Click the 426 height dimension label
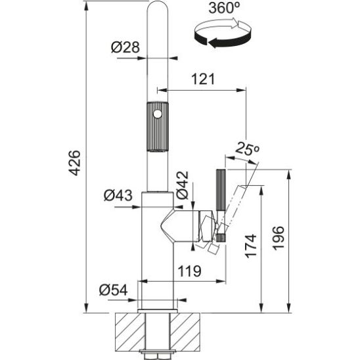coord(75,163)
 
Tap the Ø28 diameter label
coord(125,47)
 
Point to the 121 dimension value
coord(203,79)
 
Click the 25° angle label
coord(247,148)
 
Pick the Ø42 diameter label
coord(182,185)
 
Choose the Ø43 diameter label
coord(118,195)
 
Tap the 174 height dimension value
coord(251,246)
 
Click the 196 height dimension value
coord(279,238)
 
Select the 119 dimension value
coord(190,271)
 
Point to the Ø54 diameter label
coord(114,290)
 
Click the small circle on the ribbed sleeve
coord(158,114)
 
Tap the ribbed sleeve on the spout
coord(158,127)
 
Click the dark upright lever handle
coord(221,191)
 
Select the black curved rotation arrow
coord(222,38)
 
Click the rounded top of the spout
coord(158,7)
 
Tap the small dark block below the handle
coord(221,238)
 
